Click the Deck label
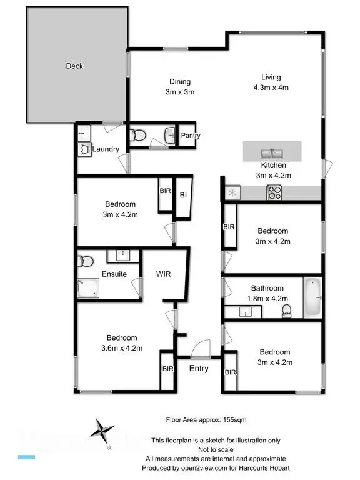point(74,66)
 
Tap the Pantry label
point(190,136)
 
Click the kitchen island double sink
point(272,152)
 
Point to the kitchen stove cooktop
point(275,193)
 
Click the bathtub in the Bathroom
point(312,298)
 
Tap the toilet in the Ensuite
point(86,260)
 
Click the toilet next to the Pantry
point(137,134)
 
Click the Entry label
point(199,369)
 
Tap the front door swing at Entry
point(201,347)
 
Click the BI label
point(183,196)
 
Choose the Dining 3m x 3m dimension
point(180,92)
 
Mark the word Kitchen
point(274,165)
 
